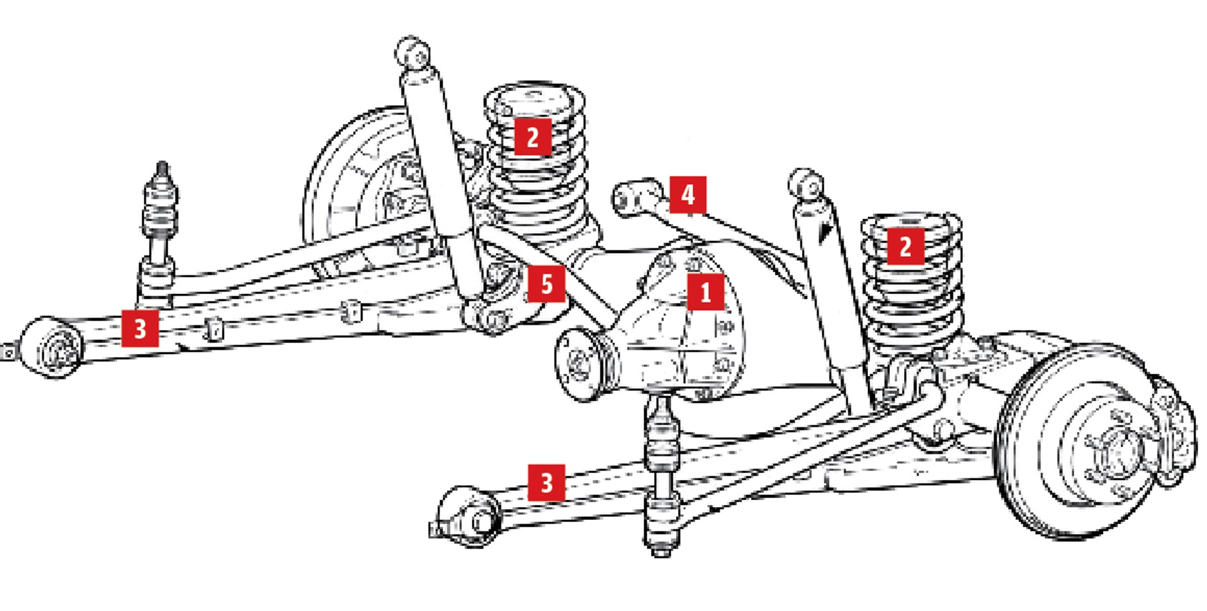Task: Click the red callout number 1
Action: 706,292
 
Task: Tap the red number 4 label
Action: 688,194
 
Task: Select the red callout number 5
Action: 546,284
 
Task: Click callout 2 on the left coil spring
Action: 532,137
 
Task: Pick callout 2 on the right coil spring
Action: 905,246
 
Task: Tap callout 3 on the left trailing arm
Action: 140,328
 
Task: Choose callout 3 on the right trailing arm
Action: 546,483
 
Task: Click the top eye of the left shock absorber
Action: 414,52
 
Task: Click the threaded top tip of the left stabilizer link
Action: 162,170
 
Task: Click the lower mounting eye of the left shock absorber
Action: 488,317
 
